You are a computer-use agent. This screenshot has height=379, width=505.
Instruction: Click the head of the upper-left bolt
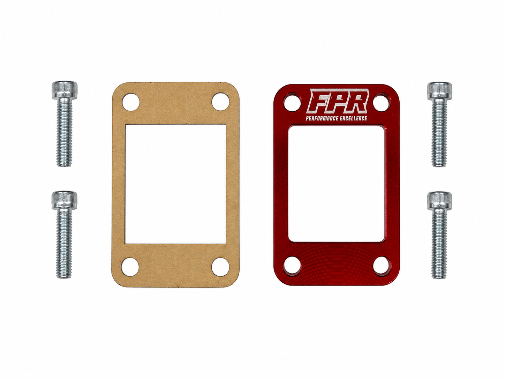tap(65, 90)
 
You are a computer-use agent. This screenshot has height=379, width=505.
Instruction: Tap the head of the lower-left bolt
tap(65, 200)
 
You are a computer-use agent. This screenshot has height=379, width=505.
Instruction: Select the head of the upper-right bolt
tap(439, 91)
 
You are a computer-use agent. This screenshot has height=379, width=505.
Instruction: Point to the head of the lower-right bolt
tap(439, 201)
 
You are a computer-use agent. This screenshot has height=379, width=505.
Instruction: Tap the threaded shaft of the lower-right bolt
tap(439, 244)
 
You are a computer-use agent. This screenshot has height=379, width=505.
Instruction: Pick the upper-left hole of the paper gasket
tap(131, 102)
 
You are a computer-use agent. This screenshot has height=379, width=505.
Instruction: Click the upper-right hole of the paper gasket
tap(220, 102)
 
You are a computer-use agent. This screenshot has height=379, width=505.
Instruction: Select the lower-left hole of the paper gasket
tap(130, 267)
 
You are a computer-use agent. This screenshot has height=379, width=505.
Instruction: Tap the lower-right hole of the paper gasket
tap(220, 267)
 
